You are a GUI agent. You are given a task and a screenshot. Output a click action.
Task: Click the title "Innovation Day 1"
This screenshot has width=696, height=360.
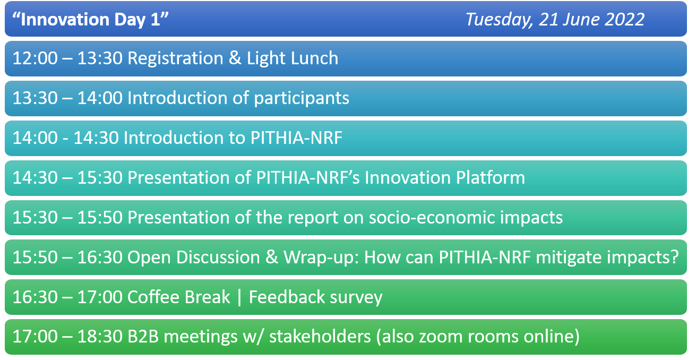pyautogui.click(x=90, y=19)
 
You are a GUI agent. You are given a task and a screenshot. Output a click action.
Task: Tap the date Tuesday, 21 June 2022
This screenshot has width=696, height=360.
pyautogui.click(x=555, y=20)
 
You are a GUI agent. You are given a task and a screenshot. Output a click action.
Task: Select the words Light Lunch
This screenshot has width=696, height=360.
pyautogui.click(x=293, y=58)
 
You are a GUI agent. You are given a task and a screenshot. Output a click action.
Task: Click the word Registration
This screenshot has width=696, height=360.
pyautogui.click(x=176, y=58)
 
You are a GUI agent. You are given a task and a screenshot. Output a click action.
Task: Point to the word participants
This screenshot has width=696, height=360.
pyautogui.click(x=302, y=99)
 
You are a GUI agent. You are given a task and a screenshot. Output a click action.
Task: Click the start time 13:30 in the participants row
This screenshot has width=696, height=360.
pyautogui.click(x=35, y=98)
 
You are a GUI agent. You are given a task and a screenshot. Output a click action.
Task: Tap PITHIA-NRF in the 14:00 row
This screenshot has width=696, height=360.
pyautogui.click(x=296, y=138)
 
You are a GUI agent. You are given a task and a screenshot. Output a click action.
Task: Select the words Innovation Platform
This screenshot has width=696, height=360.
pyautogui.click(x=445, y=178)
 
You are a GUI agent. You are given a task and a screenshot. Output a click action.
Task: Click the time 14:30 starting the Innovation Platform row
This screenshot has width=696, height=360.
pyautogui.click(x=35, y=178)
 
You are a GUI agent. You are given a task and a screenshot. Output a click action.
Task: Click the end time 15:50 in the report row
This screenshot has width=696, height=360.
pyautogui.click(x=100, y=217)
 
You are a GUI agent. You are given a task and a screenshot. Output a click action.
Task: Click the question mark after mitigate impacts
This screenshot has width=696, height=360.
pyautogui.click(x=674, y=257)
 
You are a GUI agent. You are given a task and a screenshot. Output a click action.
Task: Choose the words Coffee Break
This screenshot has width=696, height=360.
pyautogui.click(x=179, y=297)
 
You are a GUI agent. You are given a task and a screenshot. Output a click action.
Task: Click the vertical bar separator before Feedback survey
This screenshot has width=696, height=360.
pyautogui.click(x=239, y=297)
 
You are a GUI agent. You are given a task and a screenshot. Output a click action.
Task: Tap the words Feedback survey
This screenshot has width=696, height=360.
pyautogui.click(x=315, y=297)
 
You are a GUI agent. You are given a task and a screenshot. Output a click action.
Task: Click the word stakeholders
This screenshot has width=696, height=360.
pyautogui.click(x=320, y=337)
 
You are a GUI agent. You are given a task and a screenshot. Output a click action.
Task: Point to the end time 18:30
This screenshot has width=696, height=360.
pyautogui.click(x=100, y=337)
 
